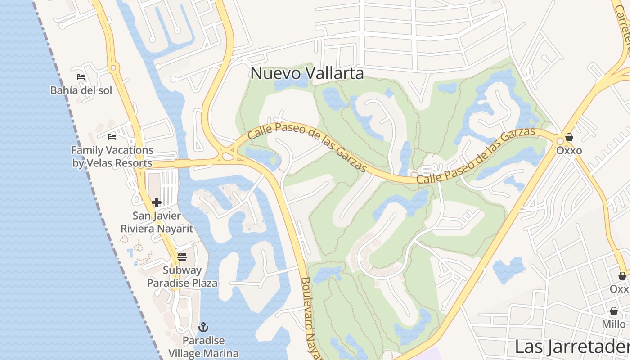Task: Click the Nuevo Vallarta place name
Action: (307, 73)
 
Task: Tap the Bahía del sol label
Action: (81, 90)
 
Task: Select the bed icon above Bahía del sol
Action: (81, 77)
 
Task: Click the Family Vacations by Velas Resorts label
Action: (112, 157)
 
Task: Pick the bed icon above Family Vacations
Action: (112, 137)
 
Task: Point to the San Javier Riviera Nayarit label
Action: (157, 222)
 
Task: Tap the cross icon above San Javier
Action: (157, 202)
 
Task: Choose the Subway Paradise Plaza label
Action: (182, 276)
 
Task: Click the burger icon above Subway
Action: (182, 257)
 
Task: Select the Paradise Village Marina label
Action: (203, 346)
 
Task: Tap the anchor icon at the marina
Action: (203, 327)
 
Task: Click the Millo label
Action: (614, 324)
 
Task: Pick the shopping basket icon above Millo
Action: (614, 311)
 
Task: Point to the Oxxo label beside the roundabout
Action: (569, 150)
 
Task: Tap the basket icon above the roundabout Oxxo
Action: (569, 137)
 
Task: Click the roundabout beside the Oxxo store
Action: (560, 141)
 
